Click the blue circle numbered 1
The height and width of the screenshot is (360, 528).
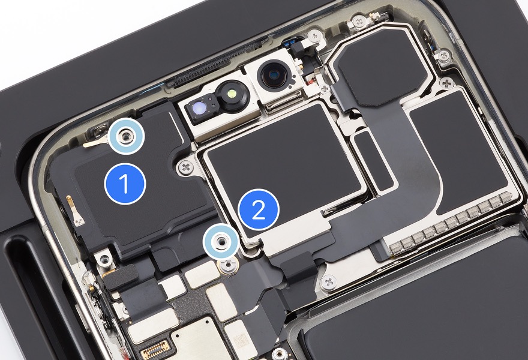point(125,184)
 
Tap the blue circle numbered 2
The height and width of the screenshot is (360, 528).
point(259,210)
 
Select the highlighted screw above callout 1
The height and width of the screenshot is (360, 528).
point(125,136)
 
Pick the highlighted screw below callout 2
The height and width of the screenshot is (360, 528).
point(221,241)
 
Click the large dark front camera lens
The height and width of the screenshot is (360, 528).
point(274,76)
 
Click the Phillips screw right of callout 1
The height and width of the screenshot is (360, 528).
point(186,167)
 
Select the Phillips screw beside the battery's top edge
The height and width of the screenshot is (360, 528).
point(329,281)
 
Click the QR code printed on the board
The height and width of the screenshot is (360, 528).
point(242,341)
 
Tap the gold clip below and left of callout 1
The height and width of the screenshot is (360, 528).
point(75,211)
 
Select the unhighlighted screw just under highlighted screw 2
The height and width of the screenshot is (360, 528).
point(229,264)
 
